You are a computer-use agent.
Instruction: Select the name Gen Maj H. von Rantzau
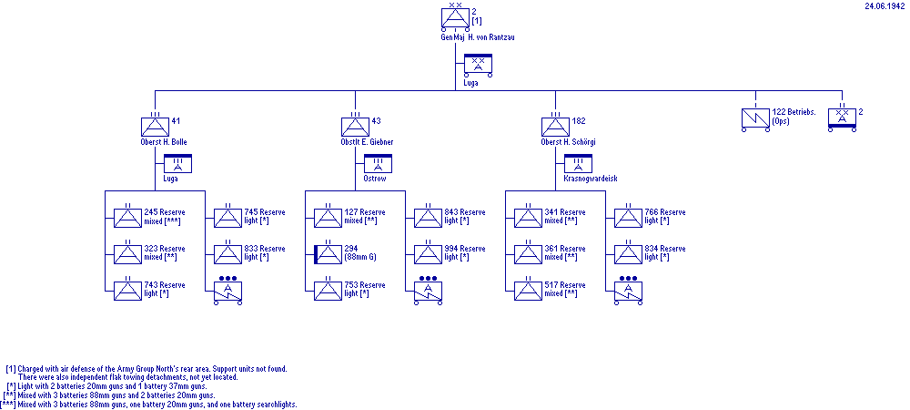[455, 37]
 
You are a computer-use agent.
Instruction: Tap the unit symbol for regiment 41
[155, 126]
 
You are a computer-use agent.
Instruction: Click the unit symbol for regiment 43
[355, 126]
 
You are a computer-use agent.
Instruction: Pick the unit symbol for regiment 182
[555, 126]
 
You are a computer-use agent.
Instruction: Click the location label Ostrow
[376, 179]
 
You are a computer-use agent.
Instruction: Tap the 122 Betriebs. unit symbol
[754, 117]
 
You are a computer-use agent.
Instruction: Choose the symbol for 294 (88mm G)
[328, 254]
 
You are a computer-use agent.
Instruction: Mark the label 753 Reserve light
[364, 289]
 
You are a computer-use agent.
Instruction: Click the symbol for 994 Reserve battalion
[428, 254]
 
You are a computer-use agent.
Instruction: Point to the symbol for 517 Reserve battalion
[528, 291]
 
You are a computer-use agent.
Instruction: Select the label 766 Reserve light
[665, 216]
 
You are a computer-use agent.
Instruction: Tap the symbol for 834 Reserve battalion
[628, 254]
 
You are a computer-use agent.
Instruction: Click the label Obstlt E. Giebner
[355, 143]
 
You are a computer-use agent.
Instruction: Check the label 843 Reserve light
[465, 216]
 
